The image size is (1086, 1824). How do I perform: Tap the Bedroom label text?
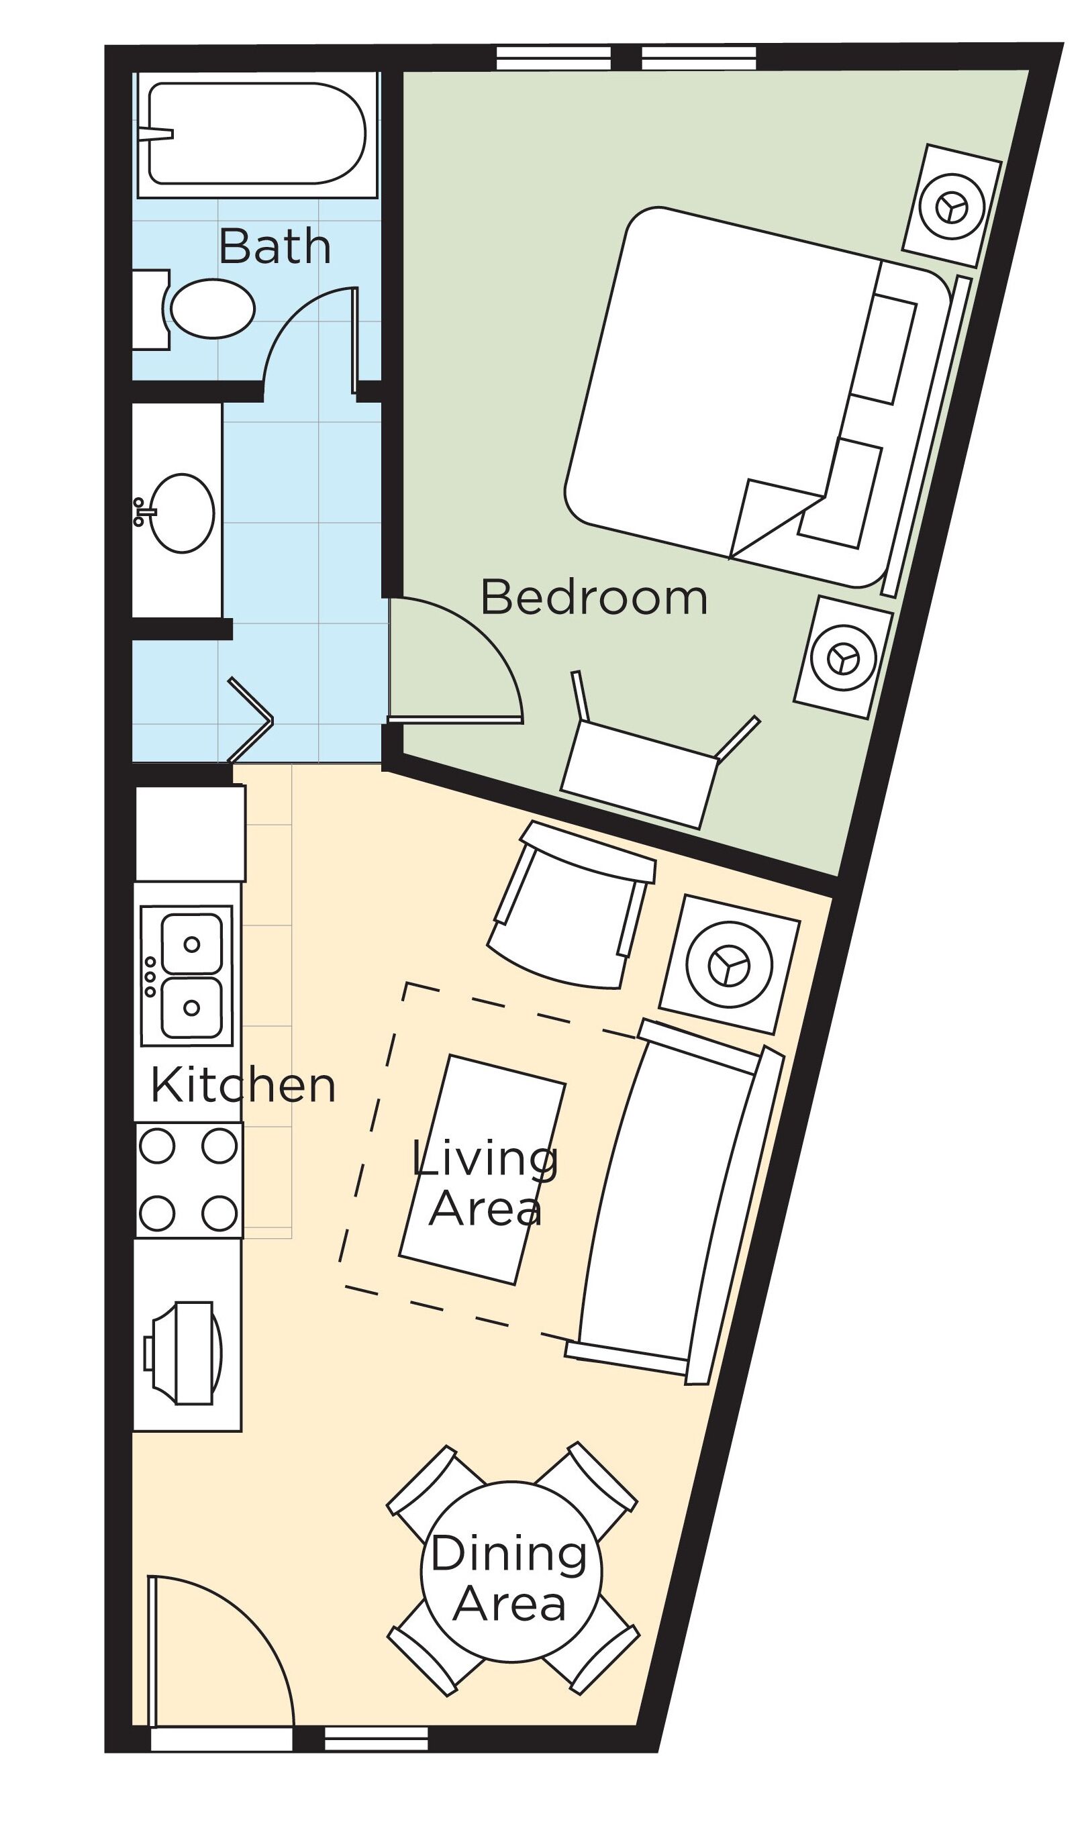[x=593, y=598]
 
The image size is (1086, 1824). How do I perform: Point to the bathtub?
[x=256, y=132]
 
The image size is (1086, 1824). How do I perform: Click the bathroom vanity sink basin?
[x=181, y=513]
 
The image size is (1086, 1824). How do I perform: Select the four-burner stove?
[x=188, y=1181]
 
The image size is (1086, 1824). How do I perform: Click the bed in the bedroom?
[x=732, y=395]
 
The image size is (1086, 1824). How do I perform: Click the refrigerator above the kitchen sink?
[x=190, y=834]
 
